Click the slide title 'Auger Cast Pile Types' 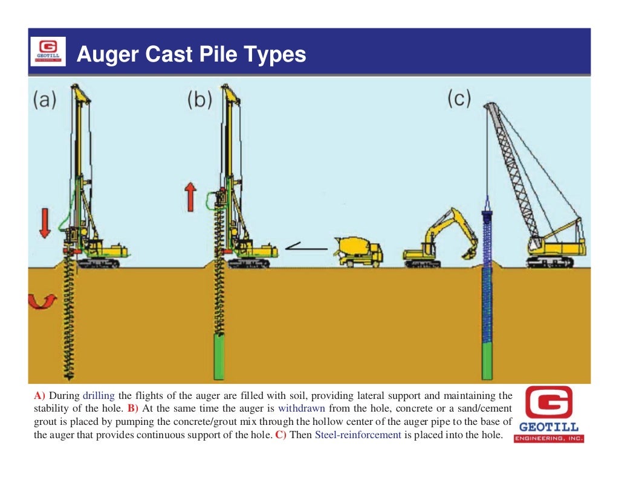click(191, 55)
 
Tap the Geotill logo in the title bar click(48, 52)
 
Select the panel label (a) click(45, 99)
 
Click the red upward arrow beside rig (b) click(190, 197)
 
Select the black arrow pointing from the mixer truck click(305, 246)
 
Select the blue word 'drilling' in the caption click(98, 397)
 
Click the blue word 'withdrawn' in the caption click(301, 409)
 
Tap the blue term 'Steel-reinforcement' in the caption click(358, 435)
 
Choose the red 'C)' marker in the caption click(281, 435)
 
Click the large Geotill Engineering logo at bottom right click(549, 415)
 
